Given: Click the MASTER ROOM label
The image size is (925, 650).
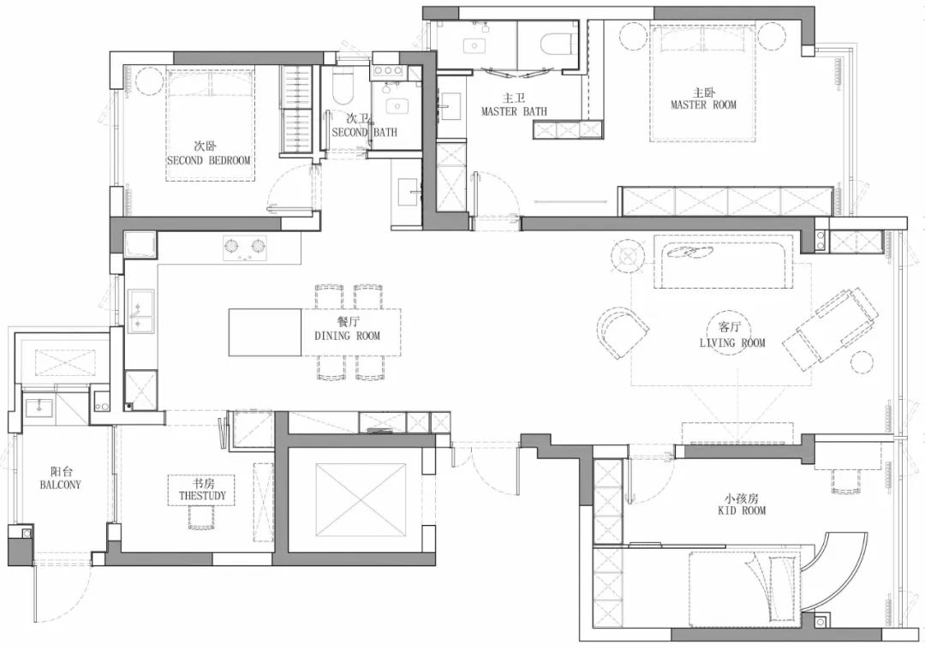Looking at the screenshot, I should point(703,105).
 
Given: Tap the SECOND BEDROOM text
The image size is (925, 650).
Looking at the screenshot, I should point(209,160).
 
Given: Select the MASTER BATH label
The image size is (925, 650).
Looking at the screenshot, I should point(513,111).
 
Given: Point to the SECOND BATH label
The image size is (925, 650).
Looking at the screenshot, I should point(364,133).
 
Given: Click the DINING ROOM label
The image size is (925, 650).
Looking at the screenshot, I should point(347,336).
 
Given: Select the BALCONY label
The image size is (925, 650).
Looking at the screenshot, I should point(60,484).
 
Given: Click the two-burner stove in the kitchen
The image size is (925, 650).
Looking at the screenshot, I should point(245,247).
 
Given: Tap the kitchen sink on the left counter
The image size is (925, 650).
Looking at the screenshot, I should point(140,311).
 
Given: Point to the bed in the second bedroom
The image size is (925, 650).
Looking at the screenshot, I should point(211,125).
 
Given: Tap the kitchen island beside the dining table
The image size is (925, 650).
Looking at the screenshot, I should point(265,332).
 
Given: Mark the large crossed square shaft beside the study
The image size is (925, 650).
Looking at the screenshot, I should point(360,500).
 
